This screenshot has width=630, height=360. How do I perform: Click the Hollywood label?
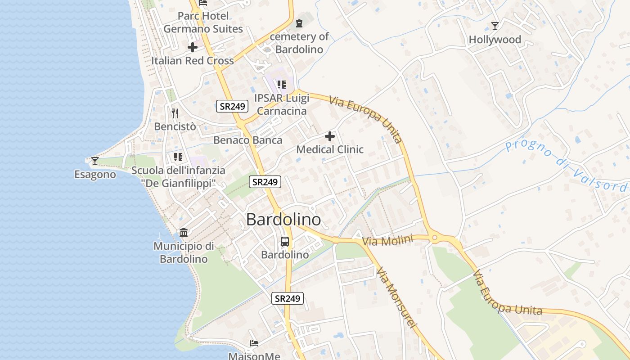495,40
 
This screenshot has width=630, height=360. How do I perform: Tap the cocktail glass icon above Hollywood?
495,26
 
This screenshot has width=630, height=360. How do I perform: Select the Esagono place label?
95,174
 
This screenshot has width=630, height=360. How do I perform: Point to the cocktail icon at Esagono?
94,161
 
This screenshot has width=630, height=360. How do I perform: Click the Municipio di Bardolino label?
184,252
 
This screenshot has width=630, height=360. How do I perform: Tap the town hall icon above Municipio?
184,233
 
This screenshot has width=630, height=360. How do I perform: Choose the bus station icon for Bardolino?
285,241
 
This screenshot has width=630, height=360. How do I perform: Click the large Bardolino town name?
283,220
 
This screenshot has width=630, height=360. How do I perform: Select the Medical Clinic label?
330,149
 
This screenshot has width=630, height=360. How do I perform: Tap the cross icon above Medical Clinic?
330,136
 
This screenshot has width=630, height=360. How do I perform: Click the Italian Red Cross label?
193,60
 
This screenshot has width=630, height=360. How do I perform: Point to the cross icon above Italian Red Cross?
193,47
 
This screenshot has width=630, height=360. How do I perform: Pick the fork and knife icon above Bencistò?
175,113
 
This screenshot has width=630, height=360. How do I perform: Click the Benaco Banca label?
248,140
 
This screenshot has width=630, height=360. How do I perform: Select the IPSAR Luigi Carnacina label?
281,104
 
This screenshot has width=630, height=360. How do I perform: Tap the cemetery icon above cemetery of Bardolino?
299,23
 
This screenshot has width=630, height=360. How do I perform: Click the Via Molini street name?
387,241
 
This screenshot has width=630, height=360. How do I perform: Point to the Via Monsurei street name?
396,297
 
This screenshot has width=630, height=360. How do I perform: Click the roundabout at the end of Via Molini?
435,237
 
